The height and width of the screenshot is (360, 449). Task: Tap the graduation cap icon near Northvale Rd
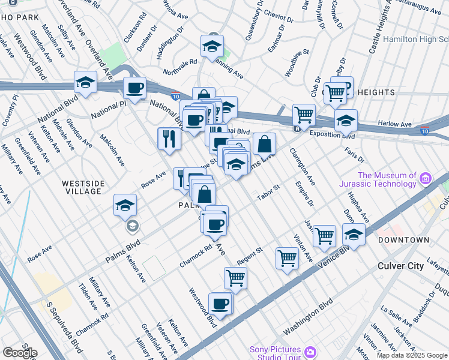click(x=211, y=46)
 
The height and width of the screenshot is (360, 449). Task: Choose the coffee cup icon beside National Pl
click(x=134, y=88)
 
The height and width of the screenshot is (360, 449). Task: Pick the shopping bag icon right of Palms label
click(x=204, y=193)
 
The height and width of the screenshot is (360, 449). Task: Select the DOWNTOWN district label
click(x=403, y=240)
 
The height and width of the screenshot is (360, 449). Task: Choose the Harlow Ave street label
click(x=394, y=125)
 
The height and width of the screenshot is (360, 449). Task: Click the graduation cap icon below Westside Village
click(x=125, y=206)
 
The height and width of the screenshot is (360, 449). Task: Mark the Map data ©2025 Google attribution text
click(x=411, y=355)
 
